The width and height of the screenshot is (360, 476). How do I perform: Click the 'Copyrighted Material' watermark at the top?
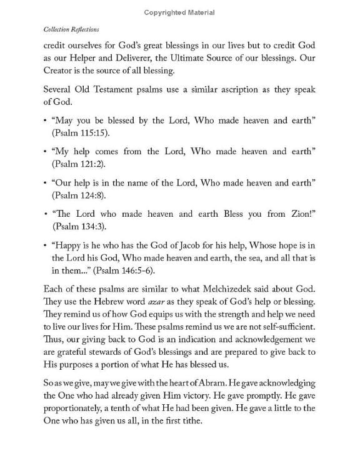coord(179,12)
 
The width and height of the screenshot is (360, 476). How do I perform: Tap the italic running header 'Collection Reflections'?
coord(72,29)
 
